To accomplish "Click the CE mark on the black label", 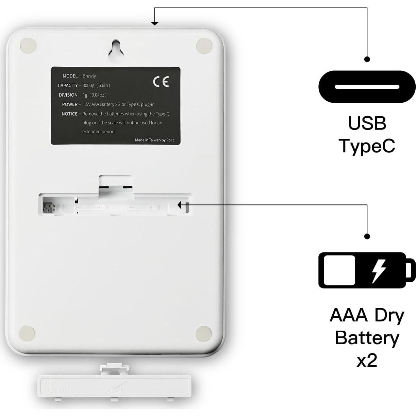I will [x=161, y=82].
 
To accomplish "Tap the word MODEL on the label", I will [x=70, y=76].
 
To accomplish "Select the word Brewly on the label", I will [x=89, y=76].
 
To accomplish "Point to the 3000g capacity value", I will [x=88, y=85].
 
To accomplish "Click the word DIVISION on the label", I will [x=68, y=95].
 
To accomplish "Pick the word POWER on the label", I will [x=70, y=104].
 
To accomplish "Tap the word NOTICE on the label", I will [x=69, y=114].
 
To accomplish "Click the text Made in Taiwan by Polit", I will [x=154, y=140].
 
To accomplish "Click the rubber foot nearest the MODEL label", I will [x=28, y=45].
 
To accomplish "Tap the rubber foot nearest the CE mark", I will [x=204, y=45].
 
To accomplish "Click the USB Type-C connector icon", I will [x=367, y=87].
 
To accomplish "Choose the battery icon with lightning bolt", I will [x=367, y=270].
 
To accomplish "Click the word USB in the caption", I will [x=367, y=123].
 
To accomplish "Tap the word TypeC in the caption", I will [x=367, y=146].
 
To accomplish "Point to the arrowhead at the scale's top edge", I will [x=155, y=23].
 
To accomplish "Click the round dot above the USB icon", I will [x=367, y=59].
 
